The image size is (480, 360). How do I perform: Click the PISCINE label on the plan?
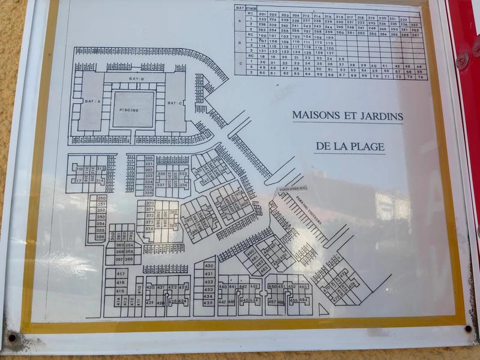pos(128,110)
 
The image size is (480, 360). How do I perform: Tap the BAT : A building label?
pos(92,102)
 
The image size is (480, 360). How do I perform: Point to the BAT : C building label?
pos(175,103)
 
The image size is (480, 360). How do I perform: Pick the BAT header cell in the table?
pos(239,8)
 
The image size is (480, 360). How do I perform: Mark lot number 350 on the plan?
pos(101,198)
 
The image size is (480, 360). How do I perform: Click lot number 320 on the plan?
pos(148,158)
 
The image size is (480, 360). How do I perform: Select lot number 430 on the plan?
pos(209,266)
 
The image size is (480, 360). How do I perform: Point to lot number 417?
pos(121,274)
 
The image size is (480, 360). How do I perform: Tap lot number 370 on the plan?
pos(150,203)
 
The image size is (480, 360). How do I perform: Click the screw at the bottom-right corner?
pos(467,328)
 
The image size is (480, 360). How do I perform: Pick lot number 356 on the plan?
pos(100,237)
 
